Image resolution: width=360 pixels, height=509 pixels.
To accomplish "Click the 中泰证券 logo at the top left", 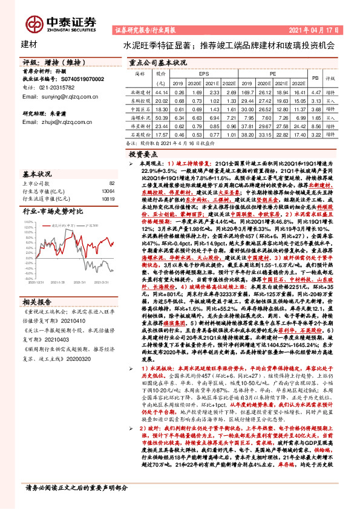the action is pos(57,23).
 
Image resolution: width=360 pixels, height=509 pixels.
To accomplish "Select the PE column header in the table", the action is pos(273,71).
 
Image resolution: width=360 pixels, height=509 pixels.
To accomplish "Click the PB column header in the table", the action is pos(315,78).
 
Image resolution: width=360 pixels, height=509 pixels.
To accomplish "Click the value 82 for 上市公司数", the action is pos(111,183).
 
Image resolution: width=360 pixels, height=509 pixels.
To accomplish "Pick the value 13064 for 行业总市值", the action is pos(108,190).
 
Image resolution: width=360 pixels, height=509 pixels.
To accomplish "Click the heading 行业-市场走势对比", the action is pos(53,212).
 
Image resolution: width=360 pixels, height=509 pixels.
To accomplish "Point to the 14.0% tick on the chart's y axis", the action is pos(29,222).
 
